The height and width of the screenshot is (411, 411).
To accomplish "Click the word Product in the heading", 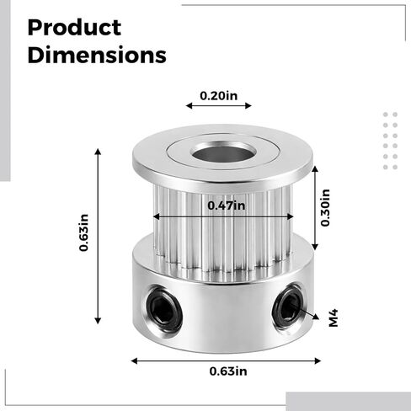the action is click(74, 28).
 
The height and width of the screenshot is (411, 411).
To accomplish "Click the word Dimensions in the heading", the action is click(97, 55).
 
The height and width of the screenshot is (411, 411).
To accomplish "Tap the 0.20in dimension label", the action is click(218, 96).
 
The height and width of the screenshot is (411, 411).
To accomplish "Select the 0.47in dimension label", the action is click(226, 205).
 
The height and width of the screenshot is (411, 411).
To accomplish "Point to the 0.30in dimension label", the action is click(325, 208).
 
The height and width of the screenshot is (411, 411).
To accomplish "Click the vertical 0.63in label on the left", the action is click(83, 232).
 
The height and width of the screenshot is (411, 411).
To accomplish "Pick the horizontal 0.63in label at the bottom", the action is click(228, 371).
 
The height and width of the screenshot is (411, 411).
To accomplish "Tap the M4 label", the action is click(334, 318).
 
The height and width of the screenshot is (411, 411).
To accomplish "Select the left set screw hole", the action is click(163, 307).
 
